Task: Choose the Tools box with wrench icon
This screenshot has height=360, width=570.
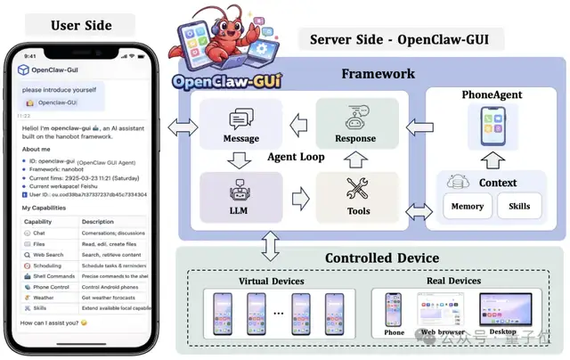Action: (356, 197)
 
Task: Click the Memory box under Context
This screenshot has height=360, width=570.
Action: (468, 206)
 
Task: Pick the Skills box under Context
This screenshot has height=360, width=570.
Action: (518, 206)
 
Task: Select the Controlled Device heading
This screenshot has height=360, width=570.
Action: (381, 258)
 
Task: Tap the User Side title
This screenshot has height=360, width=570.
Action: (80, 24)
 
